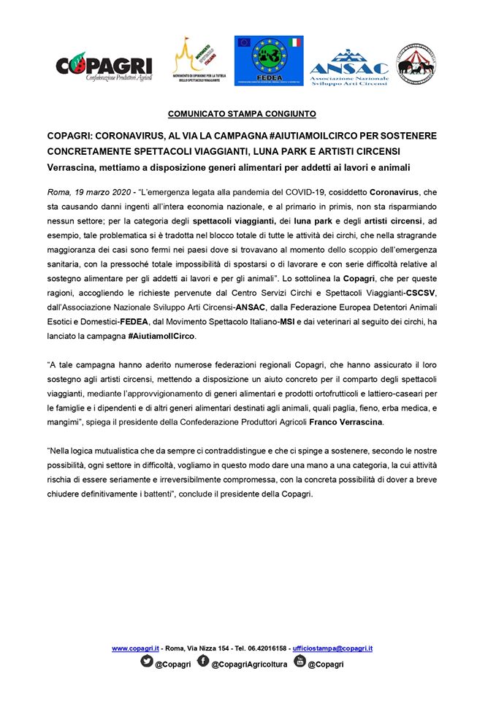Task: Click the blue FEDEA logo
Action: tap(267, 61)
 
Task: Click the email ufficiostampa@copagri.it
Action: tap(332, 648)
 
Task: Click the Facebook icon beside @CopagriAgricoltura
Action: tap(202, 662)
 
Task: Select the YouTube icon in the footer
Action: tap(299, 662)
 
